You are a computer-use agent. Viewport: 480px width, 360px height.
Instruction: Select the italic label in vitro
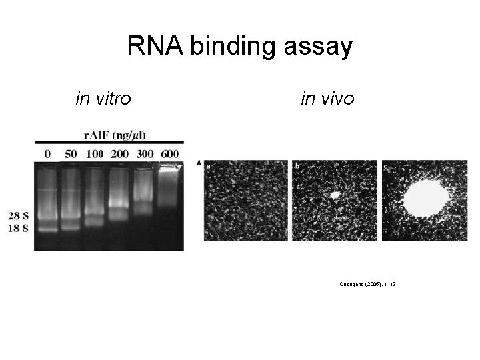(x=103, y=99)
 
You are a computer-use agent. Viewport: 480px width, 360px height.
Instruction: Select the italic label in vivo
(x=328, y=99)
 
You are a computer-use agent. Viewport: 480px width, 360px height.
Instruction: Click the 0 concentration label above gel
(x=47, y=153)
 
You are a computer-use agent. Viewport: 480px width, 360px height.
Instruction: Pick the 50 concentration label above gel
(x=70, y=153)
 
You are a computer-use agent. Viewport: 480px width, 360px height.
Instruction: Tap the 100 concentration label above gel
(x=94, y=153)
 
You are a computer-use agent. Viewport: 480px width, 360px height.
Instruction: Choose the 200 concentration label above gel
(x=119, y=153)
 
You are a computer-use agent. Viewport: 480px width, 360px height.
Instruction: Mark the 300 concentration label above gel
(x=144, y=153)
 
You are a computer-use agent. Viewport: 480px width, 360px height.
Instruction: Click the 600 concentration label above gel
(x=169, y=153)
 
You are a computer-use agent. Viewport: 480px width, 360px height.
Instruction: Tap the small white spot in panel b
(x=335, y=195)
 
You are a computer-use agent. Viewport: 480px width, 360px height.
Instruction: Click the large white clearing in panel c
(x=426, y=198)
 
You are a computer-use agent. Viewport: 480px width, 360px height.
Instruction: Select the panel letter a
(x=209, y=165)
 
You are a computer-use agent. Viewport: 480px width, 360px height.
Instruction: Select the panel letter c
(x=386, y=165)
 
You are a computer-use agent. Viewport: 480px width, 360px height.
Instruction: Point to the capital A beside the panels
(x=199, y=163)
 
